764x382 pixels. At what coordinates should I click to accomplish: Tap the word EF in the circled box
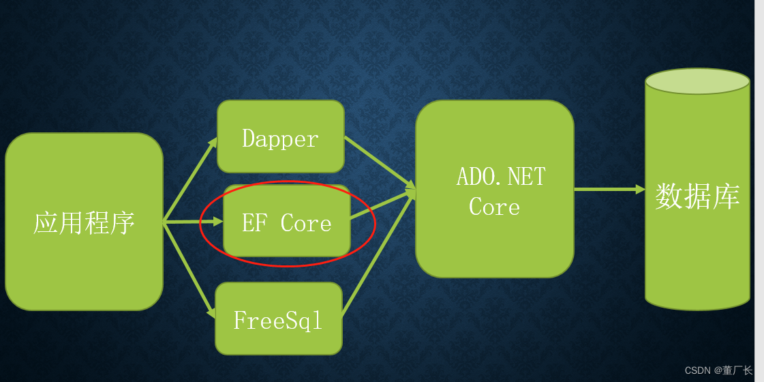coord(254,223)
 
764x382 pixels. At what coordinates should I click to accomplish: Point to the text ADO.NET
coord(501,177)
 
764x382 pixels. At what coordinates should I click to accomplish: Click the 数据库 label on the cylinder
coord(697,196)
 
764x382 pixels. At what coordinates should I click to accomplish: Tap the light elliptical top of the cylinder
coord(697,81)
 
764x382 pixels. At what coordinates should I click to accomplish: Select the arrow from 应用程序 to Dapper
coord(189,179)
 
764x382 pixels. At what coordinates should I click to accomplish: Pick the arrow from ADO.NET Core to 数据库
coord(607,189)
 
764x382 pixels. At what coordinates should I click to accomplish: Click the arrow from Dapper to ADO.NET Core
coord(379,161)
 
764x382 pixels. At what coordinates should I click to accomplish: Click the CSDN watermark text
coord(698,370)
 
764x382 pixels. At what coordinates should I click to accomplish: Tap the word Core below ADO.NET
coord(494,207)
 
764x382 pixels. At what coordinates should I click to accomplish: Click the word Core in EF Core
coord(306,223)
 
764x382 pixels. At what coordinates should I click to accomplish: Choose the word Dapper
coord(280,139)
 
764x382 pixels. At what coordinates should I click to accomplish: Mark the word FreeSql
coord(277,320)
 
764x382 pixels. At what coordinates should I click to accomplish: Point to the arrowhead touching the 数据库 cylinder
coord(640,189)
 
